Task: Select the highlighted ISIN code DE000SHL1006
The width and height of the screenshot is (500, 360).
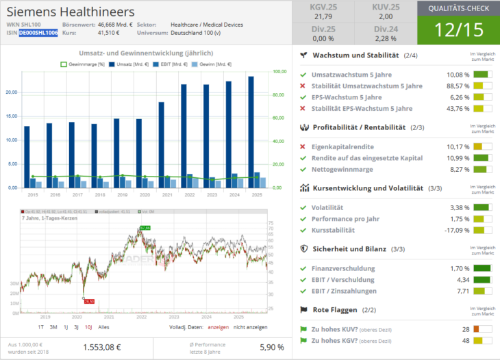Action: point(38,33)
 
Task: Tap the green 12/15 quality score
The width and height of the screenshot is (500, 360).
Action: point(458,29)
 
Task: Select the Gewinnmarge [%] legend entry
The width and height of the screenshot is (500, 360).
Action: point(84,63)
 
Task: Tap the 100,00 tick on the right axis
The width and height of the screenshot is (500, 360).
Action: point(279,71)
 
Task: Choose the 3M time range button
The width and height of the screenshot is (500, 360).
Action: point(53,327)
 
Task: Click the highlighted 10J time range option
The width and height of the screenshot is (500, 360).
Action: point(88,327)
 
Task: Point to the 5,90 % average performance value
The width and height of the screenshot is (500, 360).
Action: point(271,347)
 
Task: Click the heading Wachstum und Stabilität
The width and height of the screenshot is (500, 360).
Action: point(356,55)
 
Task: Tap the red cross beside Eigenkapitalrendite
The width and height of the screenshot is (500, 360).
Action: point(303,146)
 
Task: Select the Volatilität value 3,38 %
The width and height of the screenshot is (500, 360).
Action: point(458,207)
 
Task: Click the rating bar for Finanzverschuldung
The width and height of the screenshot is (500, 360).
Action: point(483,268)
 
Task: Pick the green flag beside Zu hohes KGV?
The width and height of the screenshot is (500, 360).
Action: point(303,340)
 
